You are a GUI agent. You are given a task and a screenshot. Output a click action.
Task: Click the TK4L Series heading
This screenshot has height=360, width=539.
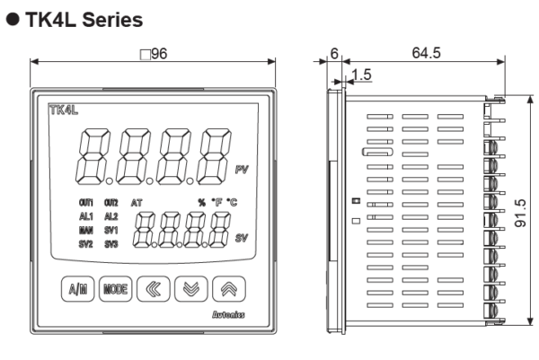pyautogui.click(x=75, y=17)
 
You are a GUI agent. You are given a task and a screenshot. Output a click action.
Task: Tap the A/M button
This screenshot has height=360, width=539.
pyautogui.click(x=75, y=290)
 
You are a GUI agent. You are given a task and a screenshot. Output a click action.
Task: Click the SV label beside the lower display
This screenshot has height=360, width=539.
pyautogui.click(x=242, y=237)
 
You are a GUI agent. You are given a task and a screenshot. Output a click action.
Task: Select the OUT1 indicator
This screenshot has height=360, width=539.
pyautogui.click(x=86, y=204)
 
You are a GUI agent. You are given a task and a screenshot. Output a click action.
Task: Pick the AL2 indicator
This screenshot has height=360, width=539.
pyautogui.click(x=111, y=216)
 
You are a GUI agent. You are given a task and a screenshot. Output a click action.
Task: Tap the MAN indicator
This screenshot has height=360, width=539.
pyautogui.click(x=86, y=230)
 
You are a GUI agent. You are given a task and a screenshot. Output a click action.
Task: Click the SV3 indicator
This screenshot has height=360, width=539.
pyautogui.click(x=111, y=242)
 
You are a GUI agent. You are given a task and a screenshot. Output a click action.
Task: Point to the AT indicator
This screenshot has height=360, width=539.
pyautogui.click(x=137, y=204)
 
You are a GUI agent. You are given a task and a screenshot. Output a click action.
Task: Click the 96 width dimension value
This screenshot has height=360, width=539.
pyautogui.click(x=156, y=54)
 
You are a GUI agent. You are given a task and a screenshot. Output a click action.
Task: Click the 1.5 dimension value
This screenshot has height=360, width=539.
pyautogui.click(x=362, y=75)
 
